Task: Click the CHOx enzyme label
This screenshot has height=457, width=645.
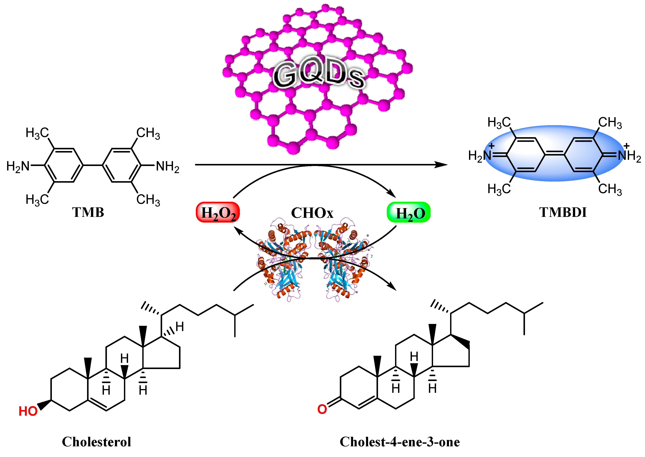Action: tap(312, 213)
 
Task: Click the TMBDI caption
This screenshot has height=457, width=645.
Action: tap(563, 212)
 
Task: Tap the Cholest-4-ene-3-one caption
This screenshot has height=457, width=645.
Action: tap(400, 442)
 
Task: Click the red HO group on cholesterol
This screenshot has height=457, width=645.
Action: tap(28, 411)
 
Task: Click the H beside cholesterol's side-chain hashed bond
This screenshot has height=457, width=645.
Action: tap(180, 327)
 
